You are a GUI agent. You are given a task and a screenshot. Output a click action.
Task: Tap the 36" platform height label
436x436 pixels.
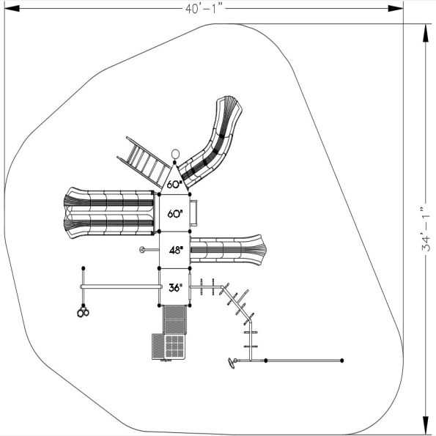[x=174, y=287]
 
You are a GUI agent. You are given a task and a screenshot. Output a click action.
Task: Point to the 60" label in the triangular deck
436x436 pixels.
[x=174, y=185]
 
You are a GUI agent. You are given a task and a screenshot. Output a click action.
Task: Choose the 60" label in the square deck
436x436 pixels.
[x=174, y=214]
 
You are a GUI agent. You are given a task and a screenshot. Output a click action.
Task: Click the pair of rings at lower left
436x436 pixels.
[x=82, y=314]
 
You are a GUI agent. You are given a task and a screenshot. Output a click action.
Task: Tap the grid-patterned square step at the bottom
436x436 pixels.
[x=166, y=347]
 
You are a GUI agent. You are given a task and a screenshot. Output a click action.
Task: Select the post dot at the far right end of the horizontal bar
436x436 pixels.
[x=342, y=361]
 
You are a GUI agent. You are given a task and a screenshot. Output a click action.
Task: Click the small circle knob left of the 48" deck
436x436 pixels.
[x=141, y=250]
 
